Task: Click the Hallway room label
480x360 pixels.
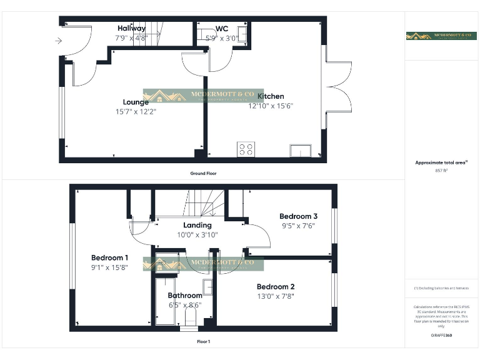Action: pos(131,28)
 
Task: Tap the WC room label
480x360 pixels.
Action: pos(222,29)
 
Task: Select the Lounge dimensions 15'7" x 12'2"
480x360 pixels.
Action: pos(136,112)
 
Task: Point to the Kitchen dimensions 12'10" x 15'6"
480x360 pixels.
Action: pos(271,106)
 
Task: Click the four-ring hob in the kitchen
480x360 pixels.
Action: pos(246,149)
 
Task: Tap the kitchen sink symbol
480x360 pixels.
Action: pos(301,151)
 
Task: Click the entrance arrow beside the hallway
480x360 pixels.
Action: pos(58,41)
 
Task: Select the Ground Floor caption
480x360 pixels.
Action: pos(203,173)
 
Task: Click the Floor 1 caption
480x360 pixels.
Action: pos(203,342)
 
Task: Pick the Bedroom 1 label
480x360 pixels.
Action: pos(110,257)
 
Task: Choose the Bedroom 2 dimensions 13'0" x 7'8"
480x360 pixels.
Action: pos(275,297)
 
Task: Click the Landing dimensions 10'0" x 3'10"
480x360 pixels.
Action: pos(197,235)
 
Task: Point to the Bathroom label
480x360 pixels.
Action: pos(184,296)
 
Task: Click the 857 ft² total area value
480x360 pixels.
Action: pos(441,170)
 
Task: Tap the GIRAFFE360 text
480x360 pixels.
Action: pos(441,336)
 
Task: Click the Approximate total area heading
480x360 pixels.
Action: pos(441,162)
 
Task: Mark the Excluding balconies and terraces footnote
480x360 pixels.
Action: pos(441,288)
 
